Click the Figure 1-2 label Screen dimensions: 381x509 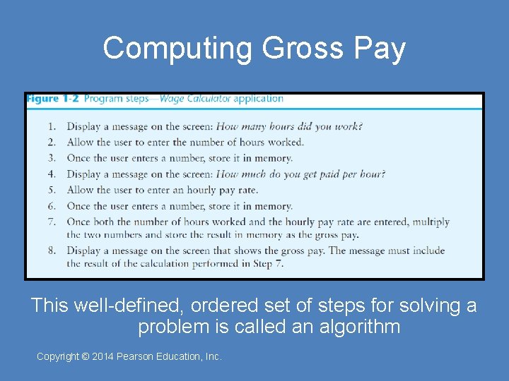(x=53, y=99)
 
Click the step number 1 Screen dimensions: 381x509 (x=52, y=126)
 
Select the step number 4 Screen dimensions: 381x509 (x=52, y=174)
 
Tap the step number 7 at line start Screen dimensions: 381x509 (x=52, y=222)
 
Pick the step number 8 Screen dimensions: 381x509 (x=52, y=250)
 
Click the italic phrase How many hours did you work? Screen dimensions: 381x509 (x=289, y=126)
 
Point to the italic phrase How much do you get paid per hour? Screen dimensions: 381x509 (x=300, y=174)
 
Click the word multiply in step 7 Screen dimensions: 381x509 (x=431, y=222)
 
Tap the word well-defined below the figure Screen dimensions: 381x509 (x=119, y=306)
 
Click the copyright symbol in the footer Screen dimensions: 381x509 (x=86, y=357)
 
